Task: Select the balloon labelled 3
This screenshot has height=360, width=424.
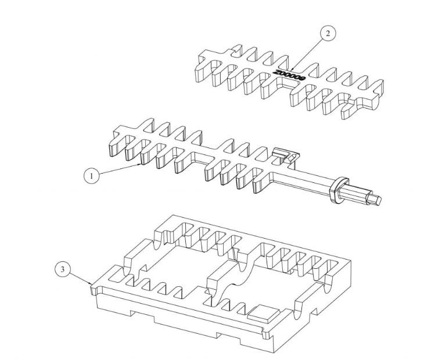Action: click(64, 269)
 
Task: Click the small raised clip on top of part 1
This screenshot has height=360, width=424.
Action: click(283, 154)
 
